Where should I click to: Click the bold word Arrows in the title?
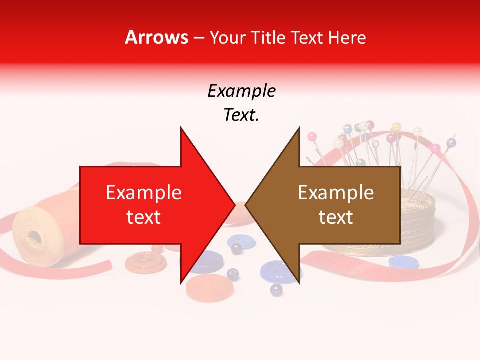click(157, 37)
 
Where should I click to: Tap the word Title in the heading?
click(267, 38)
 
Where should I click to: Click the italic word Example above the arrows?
click(241, 91)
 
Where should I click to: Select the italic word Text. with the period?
click(241, 115)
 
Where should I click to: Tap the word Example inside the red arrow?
click(144, 193)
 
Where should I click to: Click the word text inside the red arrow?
click(144, 217)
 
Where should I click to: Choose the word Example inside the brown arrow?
click(336, 193)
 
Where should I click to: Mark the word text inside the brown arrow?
click(336, 217)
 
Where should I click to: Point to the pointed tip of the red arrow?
click(234, 205)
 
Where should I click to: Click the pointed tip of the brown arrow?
click(246, 205)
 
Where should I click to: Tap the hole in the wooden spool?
click(34, 235)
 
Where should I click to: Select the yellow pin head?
click(397, 127)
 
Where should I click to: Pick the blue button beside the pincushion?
click(404, 261)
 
